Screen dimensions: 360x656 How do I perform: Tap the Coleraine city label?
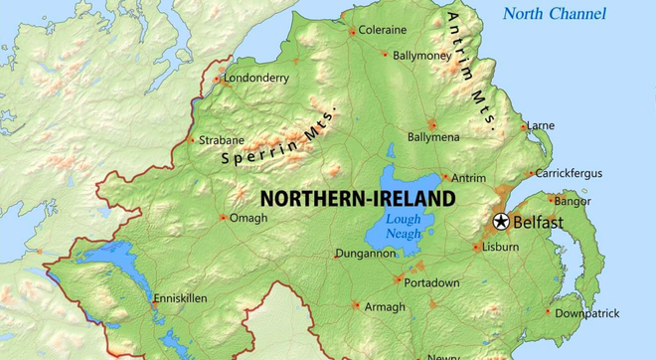(x=382, y=31)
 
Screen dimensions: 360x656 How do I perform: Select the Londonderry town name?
(x=256, y=77)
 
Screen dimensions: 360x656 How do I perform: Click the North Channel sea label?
(x=553, y=13)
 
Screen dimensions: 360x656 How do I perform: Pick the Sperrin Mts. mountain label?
(x=279, y=135)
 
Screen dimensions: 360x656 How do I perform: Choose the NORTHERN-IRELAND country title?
(x=357, y=198)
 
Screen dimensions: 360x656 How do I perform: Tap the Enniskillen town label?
(x=180, y=297)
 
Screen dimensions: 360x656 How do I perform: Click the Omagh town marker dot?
(x=224, y=218)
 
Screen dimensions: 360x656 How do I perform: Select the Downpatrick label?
(x=586, y=312)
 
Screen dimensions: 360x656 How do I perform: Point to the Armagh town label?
(x=385, y=307)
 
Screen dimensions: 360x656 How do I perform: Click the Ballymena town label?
(x=433, y=135)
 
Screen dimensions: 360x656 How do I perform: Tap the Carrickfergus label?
(x=569, y=173)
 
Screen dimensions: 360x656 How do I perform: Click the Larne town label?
(x=541, y=126)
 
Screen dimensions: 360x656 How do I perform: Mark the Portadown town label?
(x=432, y=282)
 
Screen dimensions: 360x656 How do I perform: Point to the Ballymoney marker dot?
(x=387, y=56)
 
